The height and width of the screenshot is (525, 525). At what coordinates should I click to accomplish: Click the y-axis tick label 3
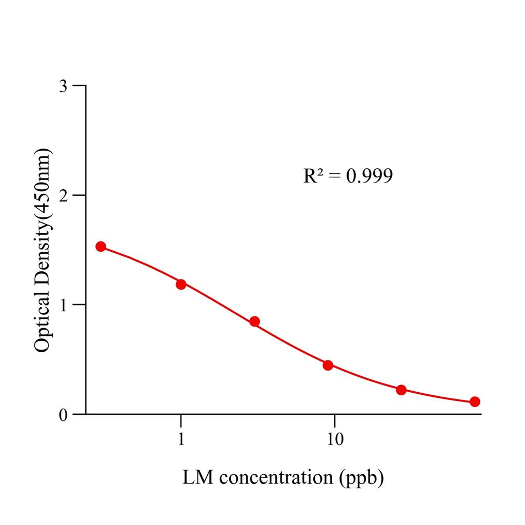pos(63,86)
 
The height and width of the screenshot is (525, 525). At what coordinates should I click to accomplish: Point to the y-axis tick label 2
pos(63,195)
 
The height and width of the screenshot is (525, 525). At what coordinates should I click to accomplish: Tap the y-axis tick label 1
pos(63,305)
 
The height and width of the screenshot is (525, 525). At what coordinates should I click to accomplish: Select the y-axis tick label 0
pos(63,414)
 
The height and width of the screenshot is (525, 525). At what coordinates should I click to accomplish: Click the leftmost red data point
pos(101,247)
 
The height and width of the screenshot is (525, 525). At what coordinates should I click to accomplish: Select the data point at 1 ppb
pos(181,284)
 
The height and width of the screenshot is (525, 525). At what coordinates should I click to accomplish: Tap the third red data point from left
pos(254,321)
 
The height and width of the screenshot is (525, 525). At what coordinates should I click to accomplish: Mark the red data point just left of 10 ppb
pos(328,365)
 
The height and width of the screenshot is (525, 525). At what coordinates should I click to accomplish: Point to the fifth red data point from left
pos(401,390)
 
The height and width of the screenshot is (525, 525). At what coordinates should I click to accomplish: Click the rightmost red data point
pos(475,401)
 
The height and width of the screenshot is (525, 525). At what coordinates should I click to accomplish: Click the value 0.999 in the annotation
pos(369,176)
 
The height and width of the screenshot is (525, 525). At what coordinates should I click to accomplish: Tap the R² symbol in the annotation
pos(313,176)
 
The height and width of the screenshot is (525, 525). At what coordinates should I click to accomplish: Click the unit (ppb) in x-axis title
pos(361,478)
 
